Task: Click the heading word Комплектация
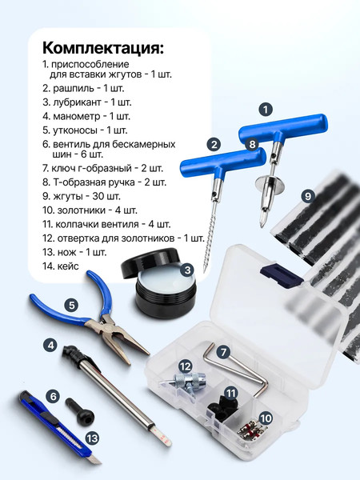(x=102, y=46)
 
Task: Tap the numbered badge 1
(x=267, y=108)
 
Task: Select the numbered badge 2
(x=213, y=144)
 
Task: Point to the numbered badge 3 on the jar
(x=186, y=270)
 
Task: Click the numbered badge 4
(x=71, y=305)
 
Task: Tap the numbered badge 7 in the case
(x=223, y=351)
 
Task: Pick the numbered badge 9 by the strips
(x=308, y=195)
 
